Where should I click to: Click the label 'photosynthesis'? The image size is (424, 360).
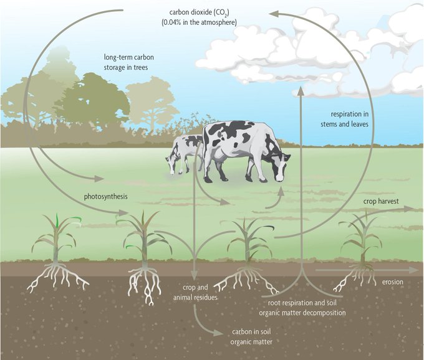106,197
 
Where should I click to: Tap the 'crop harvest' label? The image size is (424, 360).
380,202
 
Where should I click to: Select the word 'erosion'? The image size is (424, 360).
393,282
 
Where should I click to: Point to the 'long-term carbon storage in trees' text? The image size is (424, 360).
128,62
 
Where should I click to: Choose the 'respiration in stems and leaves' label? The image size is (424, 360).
352,119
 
